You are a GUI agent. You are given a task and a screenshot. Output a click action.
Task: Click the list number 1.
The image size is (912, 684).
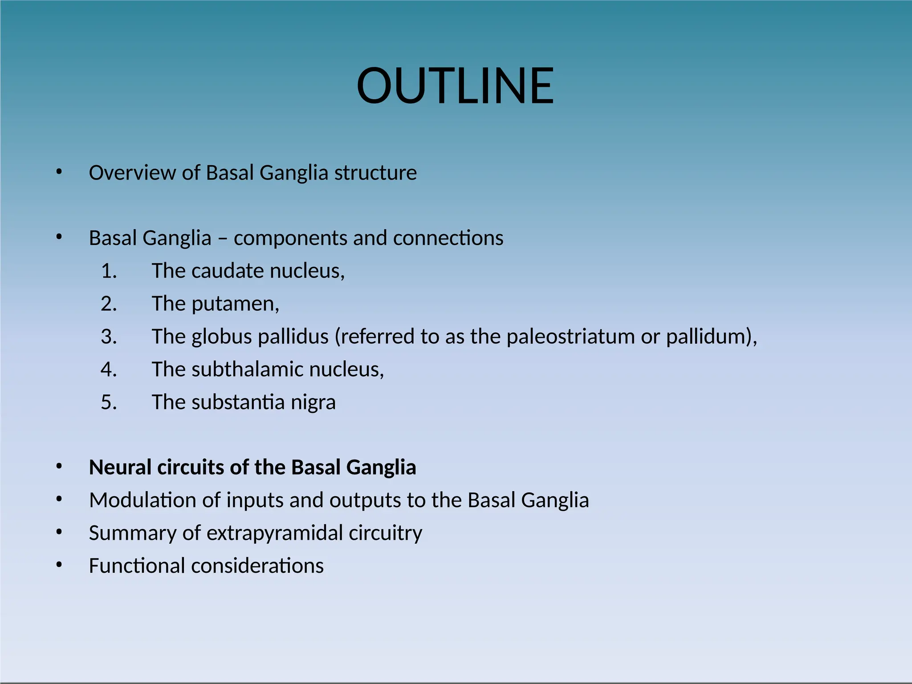coord(109,271)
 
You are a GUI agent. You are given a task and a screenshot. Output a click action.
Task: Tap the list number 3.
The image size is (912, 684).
coord(109,337)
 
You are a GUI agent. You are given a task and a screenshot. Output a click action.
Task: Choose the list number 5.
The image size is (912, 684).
coord(109,402)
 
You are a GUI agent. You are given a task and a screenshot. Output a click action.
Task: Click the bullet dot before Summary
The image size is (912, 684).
coord(59,532)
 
